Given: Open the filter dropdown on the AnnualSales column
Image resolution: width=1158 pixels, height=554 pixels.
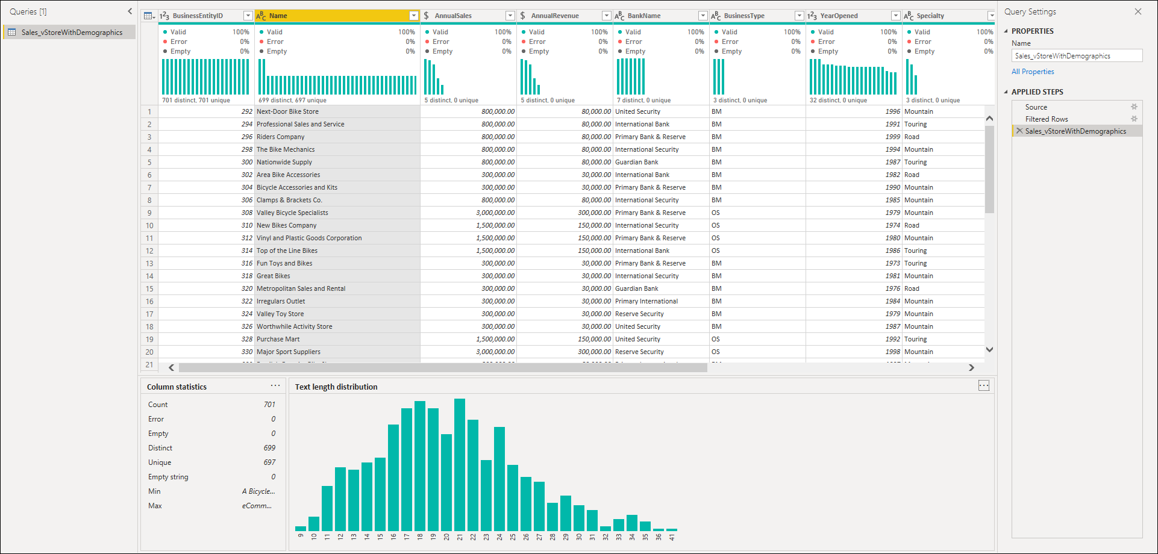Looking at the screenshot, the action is tap(510, 16).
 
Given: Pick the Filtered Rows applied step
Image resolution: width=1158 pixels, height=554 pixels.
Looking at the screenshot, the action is tap(1047, 119).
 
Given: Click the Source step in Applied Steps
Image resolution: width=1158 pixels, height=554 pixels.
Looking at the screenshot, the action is tap(1036, 107).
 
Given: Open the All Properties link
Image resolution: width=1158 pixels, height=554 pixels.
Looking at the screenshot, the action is tap(1033, 72).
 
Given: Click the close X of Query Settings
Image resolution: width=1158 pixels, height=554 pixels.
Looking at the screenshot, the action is tap(1138, 11).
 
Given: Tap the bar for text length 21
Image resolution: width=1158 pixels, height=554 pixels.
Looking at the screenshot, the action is tap(460, 464).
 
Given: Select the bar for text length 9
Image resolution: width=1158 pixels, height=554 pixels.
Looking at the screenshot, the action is tap(301, 528).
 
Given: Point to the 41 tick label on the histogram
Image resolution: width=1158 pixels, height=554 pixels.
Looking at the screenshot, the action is tap(672, 537).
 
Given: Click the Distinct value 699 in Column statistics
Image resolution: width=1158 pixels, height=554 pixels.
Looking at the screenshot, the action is tap(269, 448).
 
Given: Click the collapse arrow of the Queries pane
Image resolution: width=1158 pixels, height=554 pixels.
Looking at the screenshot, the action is tap(130, 11).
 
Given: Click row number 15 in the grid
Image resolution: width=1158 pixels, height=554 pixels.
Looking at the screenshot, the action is tap(149, 288).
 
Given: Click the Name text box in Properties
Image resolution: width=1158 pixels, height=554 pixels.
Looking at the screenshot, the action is tap(1077, 55).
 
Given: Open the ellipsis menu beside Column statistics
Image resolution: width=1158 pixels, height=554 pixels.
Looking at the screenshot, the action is tap(275, 385).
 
